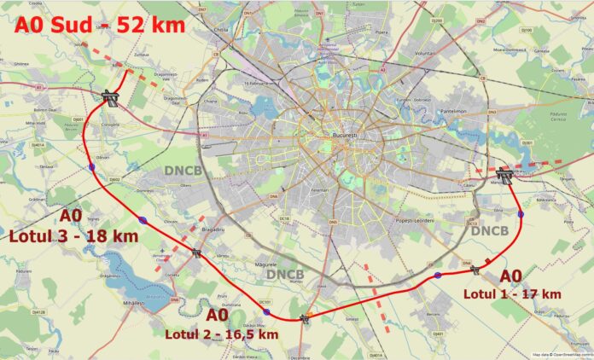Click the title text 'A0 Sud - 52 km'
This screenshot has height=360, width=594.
point(99,24)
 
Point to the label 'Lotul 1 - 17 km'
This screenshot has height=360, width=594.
point(512,293)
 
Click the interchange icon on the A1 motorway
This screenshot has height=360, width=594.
point(108,96)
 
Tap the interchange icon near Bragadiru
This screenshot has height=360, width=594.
point(197,253)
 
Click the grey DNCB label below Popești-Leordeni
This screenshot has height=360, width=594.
point(489,230)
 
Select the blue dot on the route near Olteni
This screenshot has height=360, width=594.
point(143,220)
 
